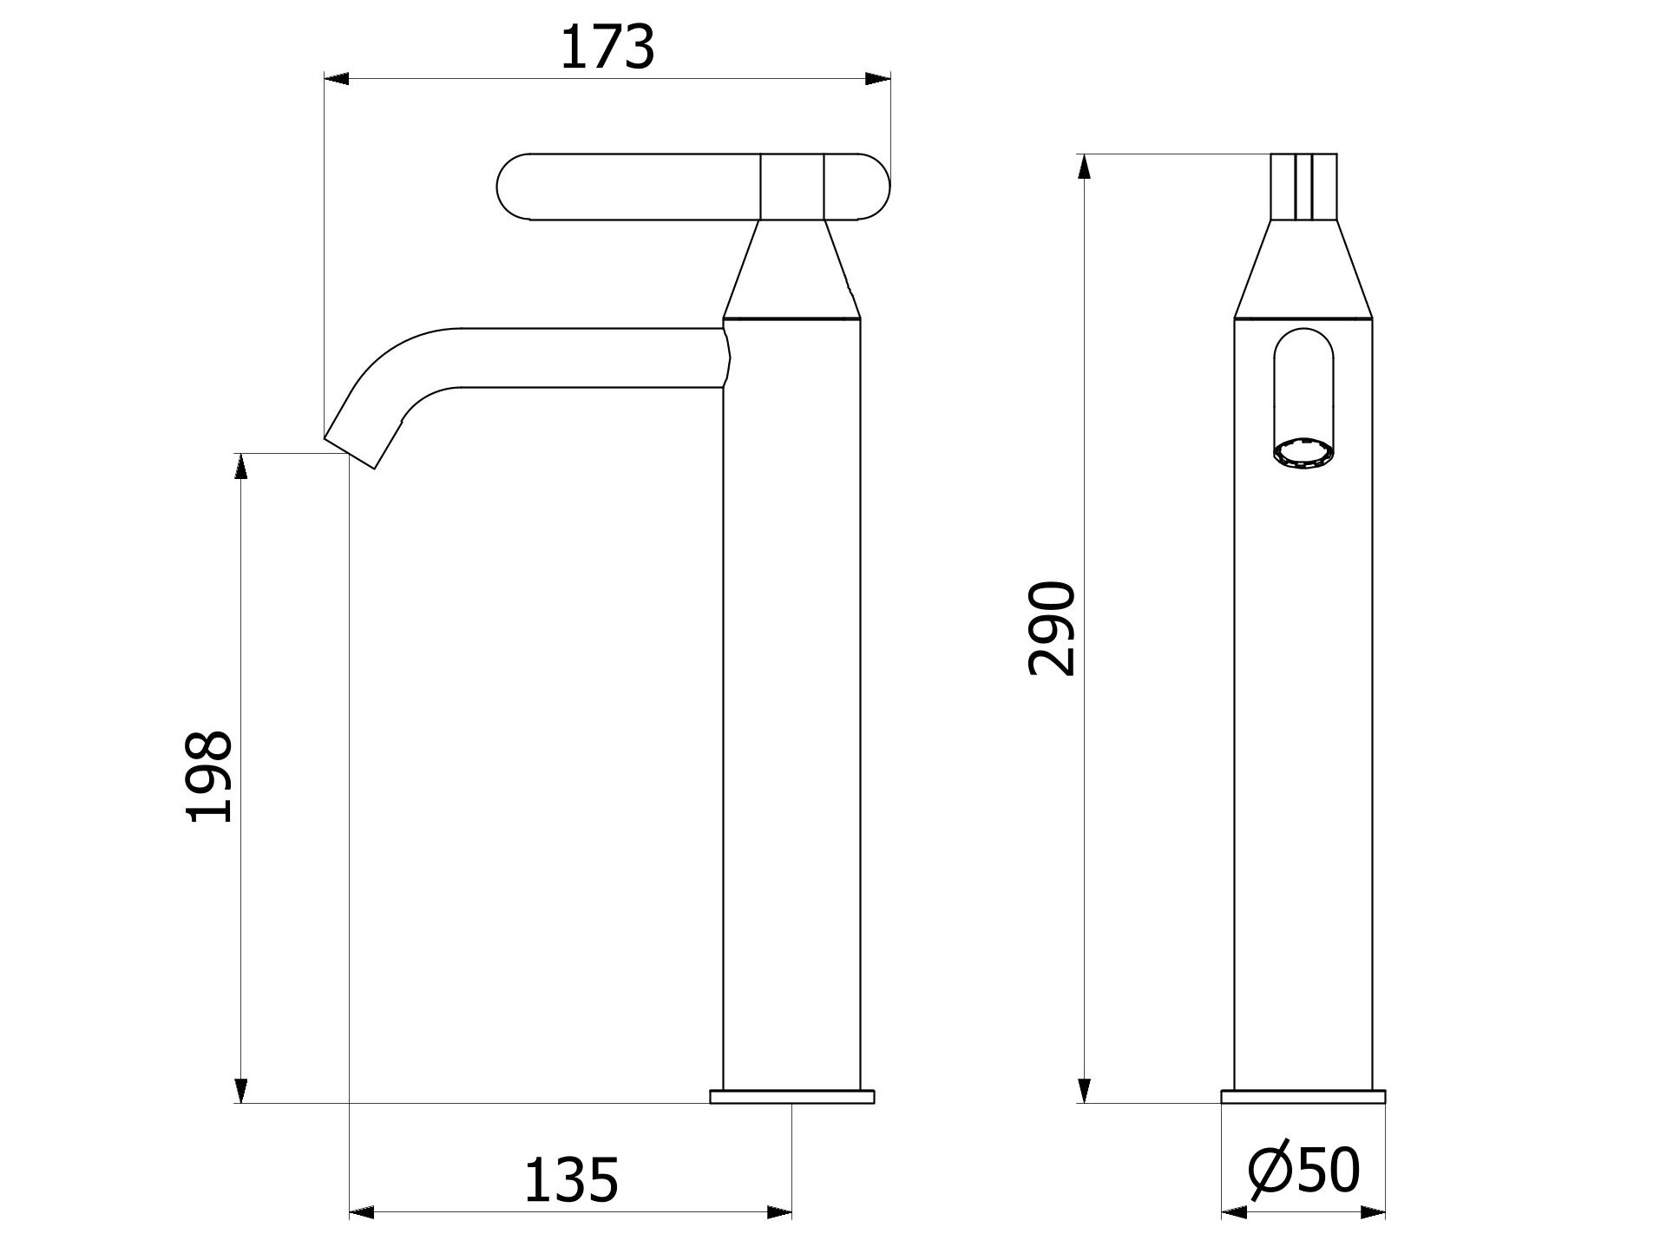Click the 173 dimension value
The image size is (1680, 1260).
[607, 48]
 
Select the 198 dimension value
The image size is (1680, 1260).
[209, 775]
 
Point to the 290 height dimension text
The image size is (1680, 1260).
[1051, 628]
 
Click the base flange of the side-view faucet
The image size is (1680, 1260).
[791, 1096]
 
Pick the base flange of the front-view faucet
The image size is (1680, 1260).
[1303, 1096]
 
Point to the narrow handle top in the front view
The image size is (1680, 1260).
[1303, 187]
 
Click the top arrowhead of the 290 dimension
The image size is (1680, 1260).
[1084, 167]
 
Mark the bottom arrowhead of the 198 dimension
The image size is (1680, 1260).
[241, 1090]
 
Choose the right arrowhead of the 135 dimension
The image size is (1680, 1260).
[778, 1212]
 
